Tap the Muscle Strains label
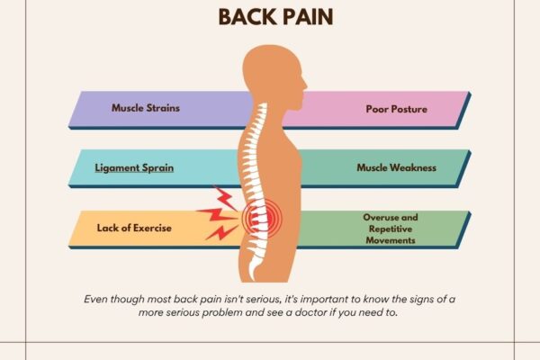(x=146, y=108)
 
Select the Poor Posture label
(x=396, y=109)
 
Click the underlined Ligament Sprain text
(x=134, y=167)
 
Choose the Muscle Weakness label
(x=396, y=167)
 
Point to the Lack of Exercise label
(x=134, y=228)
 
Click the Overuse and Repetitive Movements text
(x=392, y=229)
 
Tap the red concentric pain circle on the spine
(x=262, y=215)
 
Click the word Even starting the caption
(x=97, y=298)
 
